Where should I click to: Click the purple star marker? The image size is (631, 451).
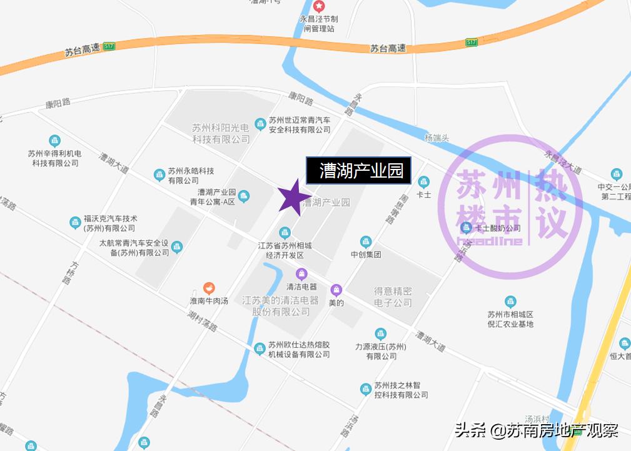290,198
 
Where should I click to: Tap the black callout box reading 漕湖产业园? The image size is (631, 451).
358,170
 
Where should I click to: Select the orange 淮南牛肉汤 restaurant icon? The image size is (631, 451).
209,288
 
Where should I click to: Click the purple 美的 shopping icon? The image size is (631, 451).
336,290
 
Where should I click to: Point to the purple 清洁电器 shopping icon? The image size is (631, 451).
301,273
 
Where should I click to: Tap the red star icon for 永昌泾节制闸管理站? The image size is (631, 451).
319,7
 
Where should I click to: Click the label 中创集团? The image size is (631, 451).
366,255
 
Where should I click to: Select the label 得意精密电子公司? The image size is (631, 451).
393,297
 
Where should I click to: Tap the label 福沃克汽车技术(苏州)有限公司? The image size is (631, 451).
110,223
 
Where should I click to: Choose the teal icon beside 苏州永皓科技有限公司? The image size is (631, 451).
159,175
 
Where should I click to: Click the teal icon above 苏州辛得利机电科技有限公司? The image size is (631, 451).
55,141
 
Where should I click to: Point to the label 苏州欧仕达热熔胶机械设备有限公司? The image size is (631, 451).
299,350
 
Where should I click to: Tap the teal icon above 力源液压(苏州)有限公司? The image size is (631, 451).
380,334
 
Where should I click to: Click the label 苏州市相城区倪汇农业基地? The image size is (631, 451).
510,319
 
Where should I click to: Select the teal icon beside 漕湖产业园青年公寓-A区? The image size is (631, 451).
244,196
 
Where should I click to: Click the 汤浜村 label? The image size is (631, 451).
537,418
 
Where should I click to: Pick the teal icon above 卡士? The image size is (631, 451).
424,182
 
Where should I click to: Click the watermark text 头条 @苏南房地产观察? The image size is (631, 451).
536,430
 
